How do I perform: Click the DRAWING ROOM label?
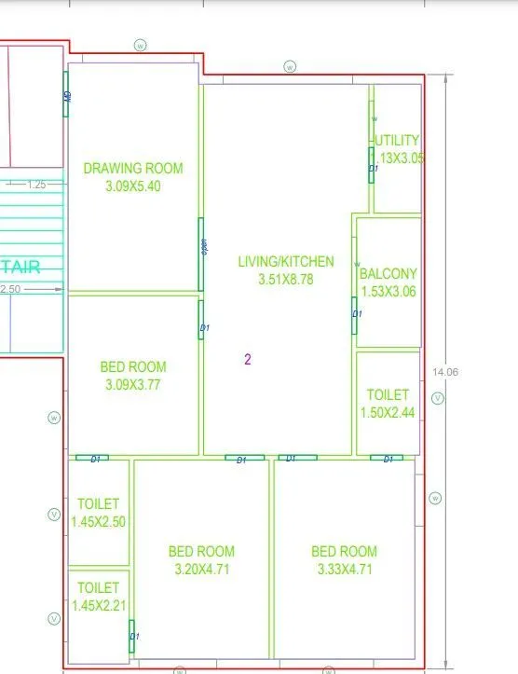[133, 169]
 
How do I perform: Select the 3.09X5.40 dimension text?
[133, 186]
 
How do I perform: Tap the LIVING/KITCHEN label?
[285, 262]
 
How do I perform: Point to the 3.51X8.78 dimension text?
[285, 279]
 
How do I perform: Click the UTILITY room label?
[397, 141]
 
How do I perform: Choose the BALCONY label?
[388, 274]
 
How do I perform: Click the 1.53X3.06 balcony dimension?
[388, 291]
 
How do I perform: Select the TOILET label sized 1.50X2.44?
[388, 395]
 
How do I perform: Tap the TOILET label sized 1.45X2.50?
[98, 504]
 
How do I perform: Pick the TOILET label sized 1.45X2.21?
[98, 587]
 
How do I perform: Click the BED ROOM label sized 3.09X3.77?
[133, 366]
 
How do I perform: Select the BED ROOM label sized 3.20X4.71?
[201, 551]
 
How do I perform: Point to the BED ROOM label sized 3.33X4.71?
[344, 551]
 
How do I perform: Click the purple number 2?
[248, 359]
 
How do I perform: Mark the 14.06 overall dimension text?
[445, 372]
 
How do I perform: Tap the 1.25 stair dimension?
[36, 185]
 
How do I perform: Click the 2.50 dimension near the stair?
[11, 289]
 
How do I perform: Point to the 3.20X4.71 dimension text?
[201, 568]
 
